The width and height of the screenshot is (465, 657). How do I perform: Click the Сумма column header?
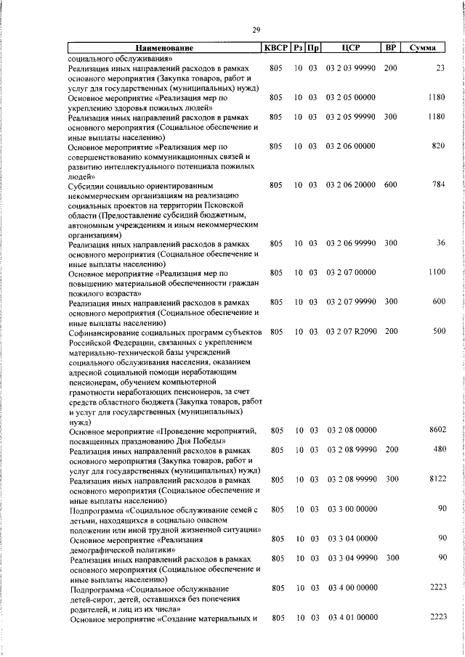[x=422, y=48]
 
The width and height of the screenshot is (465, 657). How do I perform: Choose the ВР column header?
[x=391, y=48]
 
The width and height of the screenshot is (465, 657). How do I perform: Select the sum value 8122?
[x=436, y=480]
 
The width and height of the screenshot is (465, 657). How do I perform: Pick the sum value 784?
[x=438, y=185]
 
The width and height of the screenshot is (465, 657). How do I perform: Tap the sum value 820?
[x=438, y=146]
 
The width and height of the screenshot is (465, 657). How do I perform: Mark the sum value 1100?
[x=436, y=273]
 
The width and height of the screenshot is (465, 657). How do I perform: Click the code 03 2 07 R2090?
[x=352, y=332]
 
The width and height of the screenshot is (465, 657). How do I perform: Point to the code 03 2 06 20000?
[x=352, y=185]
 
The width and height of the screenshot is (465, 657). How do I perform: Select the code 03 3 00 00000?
[x=352, y=509]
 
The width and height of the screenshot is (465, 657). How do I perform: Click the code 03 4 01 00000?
[x=352, y=617]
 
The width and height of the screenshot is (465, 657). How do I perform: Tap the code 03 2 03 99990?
[x=352, y=68]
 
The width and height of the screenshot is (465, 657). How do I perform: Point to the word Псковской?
[x=235, y=205]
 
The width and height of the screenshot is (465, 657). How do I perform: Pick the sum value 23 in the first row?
[x=440, y=68]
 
